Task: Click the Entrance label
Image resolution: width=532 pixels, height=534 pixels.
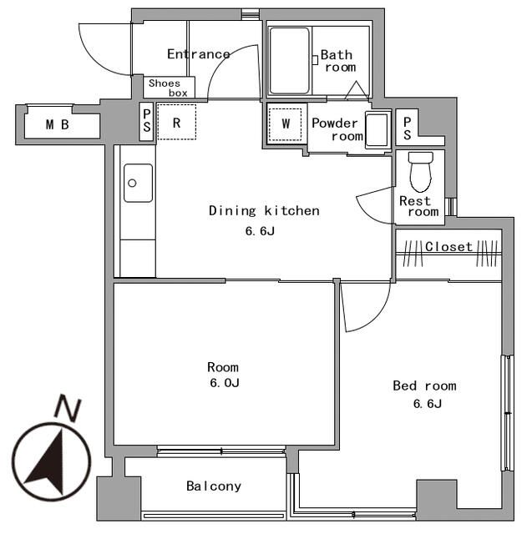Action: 198,54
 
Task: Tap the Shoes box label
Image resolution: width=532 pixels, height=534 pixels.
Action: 168,88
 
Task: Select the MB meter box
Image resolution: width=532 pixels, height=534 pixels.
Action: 58,125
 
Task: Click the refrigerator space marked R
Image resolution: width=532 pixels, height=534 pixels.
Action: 177,123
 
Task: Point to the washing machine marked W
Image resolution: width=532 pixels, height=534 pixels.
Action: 286,123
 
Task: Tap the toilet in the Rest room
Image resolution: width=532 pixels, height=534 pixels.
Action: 419,172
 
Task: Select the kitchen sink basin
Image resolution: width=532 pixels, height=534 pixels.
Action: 138,182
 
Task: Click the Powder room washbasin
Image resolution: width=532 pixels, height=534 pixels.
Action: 377,130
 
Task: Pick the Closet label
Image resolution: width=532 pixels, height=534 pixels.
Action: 448,247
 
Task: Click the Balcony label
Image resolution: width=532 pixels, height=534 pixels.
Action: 214,486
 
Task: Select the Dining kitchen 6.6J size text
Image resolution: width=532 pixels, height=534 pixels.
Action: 260,231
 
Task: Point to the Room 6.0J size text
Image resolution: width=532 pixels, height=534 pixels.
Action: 223,383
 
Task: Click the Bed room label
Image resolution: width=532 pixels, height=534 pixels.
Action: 424,385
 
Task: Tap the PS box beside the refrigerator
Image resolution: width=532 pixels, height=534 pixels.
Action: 147,123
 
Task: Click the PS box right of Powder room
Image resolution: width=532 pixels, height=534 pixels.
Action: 407,127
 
